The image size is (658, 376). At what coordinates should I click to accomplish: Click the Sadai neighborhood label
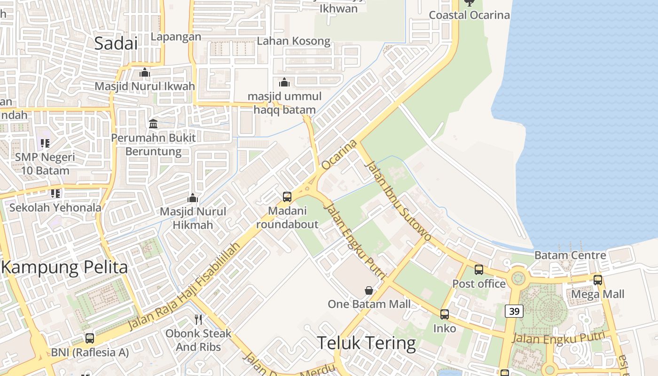(116, 43)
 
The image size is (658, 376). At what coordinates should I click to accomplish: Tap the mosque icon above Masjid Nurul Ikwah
(144, 73)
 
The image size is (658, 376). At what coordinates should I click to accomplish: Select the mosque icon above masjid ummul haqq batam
(284, 83)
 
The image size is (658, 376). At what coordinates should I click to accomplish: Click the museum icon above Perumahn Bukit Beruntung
(153, 124)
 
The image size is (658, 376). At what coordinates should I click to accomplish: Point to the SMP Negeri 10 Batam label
(45, 163)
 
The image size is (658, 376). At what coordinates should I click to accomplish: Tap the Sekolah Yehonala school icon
(55, 194)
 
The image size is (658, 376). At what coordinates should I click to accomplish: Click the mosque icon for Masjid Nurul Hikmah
(193, 198)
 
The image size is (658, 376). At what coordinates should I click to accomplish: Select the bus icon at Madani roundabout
(287, 197)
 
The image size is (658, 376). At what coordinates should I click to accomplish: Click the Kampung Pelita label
(64, 267)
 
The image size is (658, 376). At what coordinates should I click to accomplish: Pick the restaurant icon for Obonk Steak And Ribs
(198, 320)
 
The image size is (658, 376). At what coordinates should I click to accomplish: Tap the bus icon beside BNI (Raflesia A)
(89, 338)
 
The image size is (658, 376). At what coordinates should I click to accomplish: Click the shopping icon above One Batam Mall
(369, 290)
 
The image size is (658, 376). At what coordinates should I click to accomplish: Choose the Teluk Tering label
(367, 343)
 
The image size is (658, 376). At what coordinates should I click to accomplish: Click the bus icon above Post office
(478, 270)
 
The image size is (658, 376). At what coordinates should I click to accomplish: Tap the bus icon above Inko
(444, 314)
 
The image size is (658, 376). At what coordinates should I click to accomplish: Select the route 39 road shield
(514, 311)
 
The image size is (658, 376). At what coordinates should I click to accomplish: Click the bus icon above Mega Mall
(597, 280)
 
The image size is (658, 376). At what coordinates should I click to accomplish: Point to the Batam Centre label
(570, 255)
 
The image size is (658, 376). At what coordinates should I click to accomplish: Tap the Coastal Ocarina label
(469, 15)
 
